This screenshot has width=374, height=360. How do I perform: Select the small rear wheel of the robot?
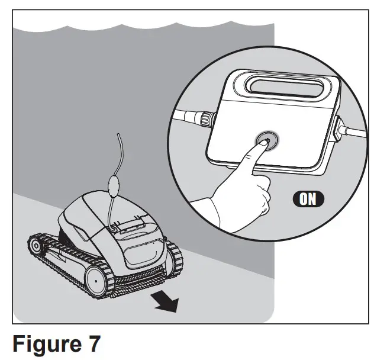click(37, 246)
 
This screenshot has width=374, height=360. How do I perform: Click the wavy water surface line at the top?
click(142, 27)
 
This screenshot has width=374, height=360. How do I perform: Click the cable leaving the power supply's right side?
click(355, 133)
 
